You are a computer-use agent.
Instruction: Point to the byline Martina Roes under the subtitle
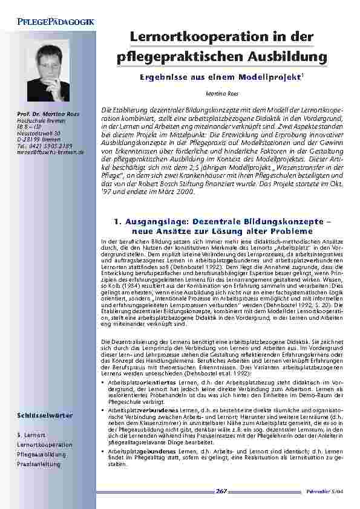pyautogui.click(x=218, y=94)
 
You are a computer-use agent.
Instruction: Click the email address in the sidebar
pyautogui.click(x=51, y=149)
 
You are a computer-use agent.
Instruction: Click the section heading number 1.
pyautogui.click(x=116, y=222)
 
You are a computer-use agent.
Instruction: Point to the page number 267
pyautogui.click(x=221, y=491)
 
